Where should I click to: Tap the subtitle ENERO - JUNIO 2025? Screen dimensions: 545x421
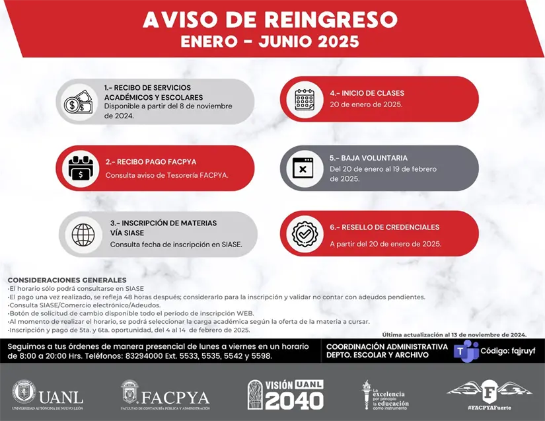pos(271,42)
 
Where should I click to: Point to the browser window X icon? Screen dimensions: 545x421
pos(303,168)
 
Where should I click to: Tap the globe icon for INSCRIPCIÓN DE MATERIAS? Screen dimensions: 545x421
pos(83,234)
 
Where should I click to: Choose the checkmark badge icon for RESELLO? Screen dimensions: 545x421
pos(304,234)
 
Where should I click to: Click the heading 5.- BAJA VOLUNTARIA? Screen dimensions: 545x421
pos(369,159)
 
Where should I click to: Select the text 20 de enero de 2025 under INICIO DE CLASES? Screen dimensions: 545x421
pos(366,104)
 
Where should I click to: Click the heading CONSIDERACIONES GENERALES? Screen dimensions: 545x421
pos(67,280)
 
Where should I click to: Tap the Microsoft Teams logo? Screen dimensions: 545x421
pos(466,350)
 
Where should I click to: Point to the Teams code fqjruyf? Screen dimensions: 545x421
pos(509,350)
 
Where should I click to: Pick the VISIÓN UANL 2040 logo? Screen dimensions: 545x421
pos(285,395)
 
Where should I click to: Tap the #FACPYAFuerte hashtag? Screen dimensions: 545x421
pos(490,408)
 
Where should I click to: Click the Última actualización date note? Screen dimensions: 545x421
pos(454,334)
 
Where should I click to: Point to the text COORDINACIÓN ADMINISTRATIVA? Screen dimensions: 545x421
pos(386,346)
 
